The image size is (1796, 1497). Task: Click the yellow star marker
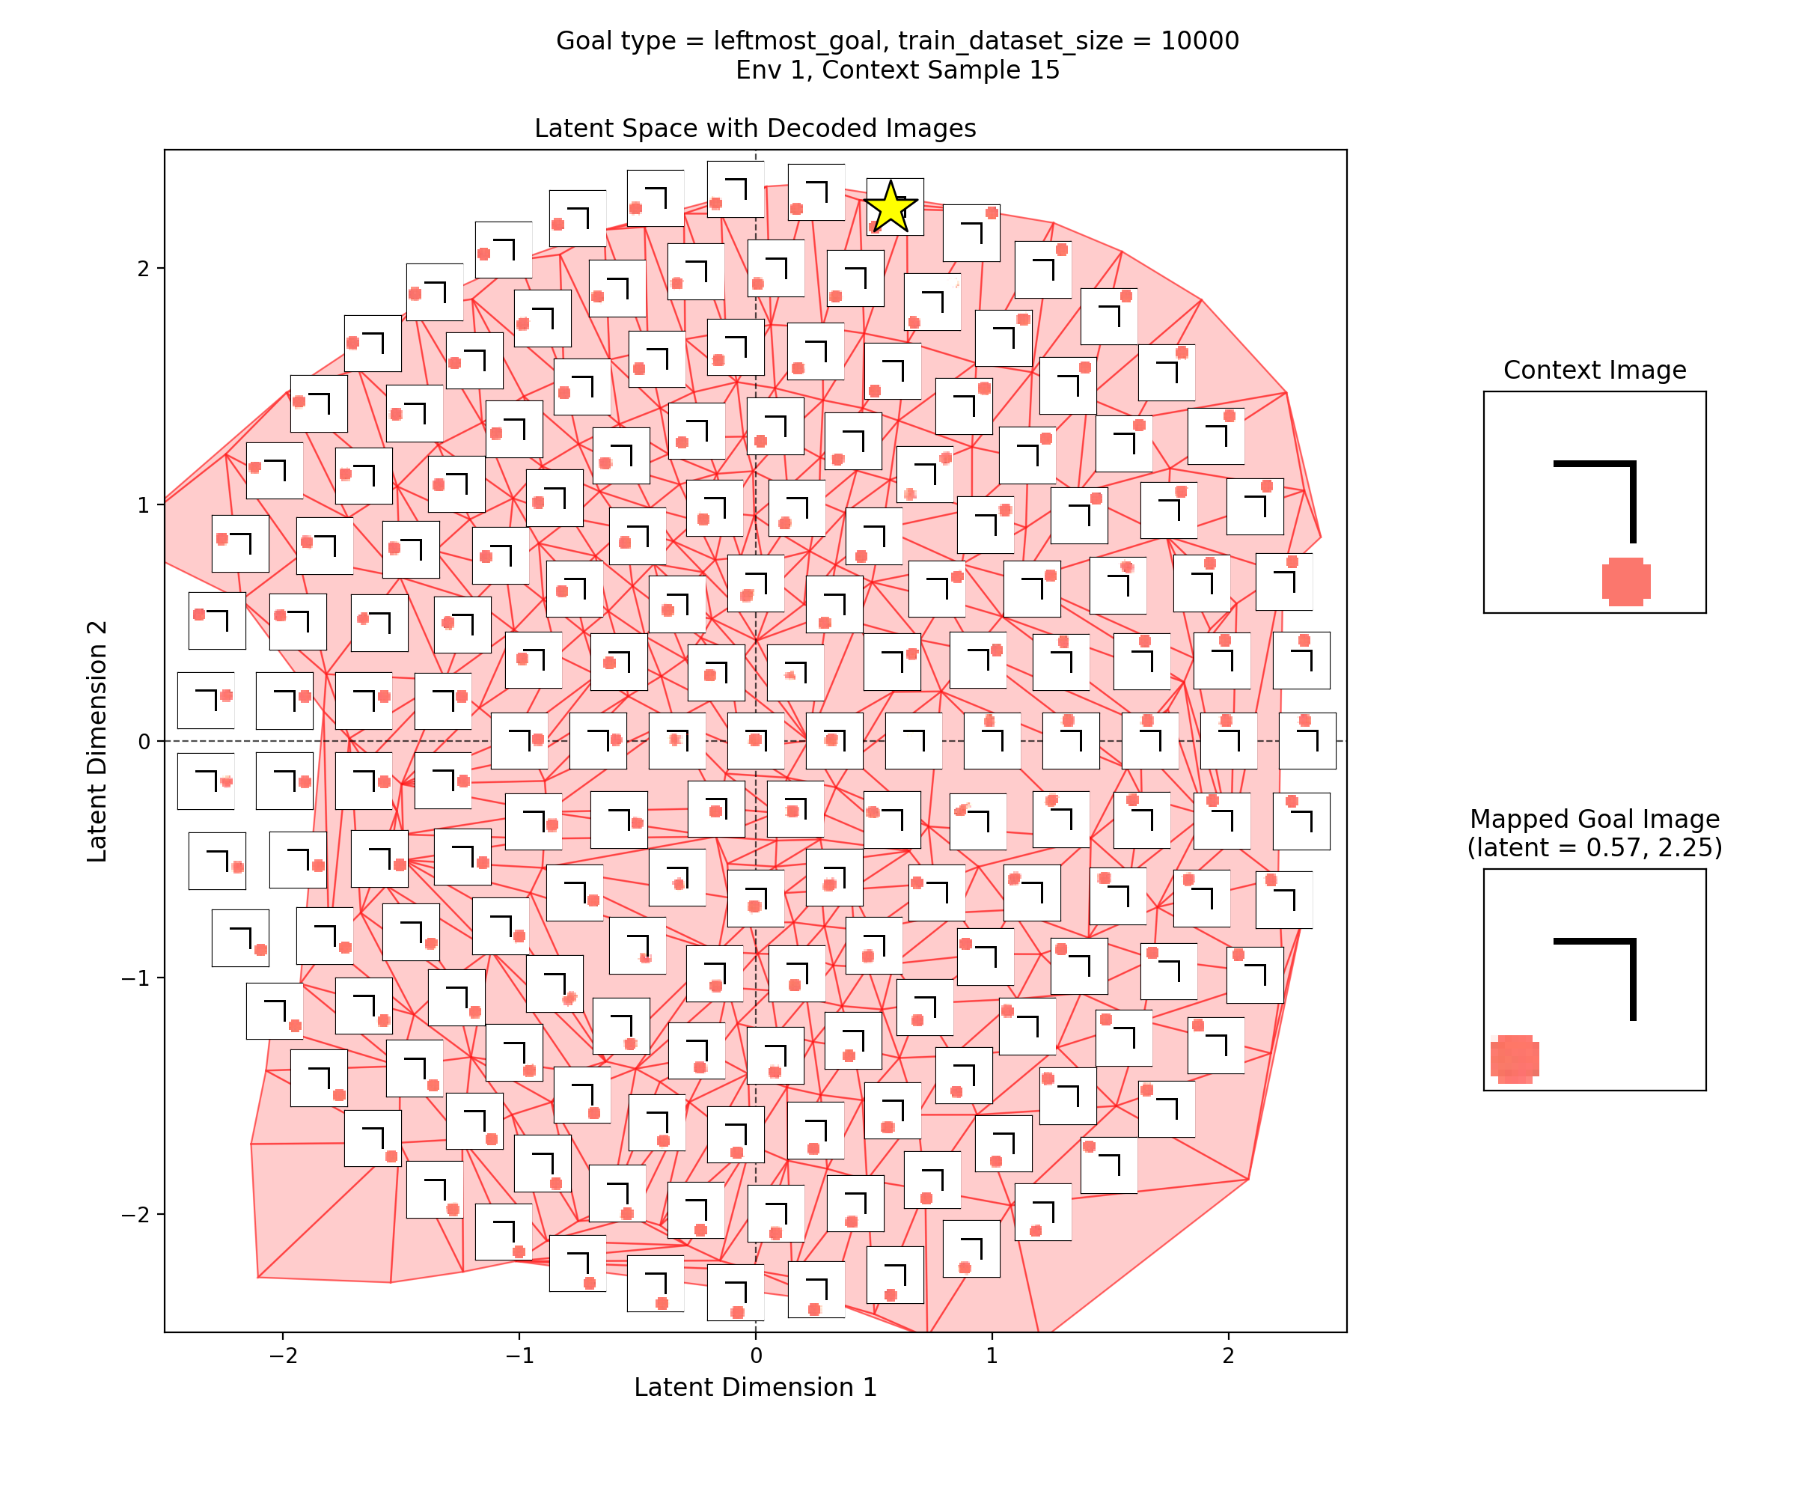891,207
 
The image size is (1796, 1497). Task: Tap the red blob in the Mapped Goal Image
1515,1058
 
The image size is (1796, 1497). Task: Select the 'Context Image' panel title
1594,371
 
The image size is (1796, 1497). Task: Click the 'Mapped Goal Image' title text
1594,819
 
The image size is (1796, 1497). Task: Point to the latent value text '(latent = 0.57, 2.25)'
1594,848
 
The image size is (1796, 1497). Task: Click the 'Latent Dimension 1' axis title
755,1387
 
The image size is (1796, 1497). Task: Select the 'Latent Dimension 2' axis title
97,741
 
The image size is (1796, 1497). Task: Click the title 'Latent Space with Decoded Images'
755,128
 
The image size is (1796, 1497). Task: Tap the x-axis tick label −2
282,1356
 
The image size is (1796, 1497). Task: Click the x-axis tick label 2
1228,1356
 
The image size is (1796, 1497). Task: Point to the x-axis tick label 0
755,1356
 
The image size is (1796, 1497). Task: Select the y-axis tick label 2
143,269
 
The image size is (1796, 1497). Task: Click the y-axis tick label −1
136,978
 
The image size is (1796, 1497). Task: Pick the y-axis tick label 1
143,504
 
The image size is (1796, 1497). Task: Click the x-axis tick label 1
992,1356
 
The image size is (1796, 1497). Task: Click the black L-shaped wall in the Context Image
1632,496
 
